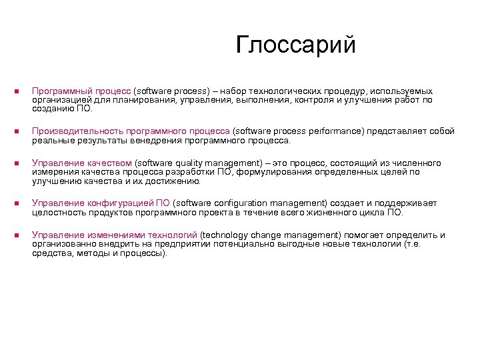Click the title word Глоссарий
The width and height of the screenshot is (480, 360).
[x=296, y=45]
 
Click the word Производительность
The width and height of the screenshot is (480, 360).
[x=73, y=132]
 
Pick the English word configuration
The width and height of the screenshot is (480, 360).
[x=244, y=203]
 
